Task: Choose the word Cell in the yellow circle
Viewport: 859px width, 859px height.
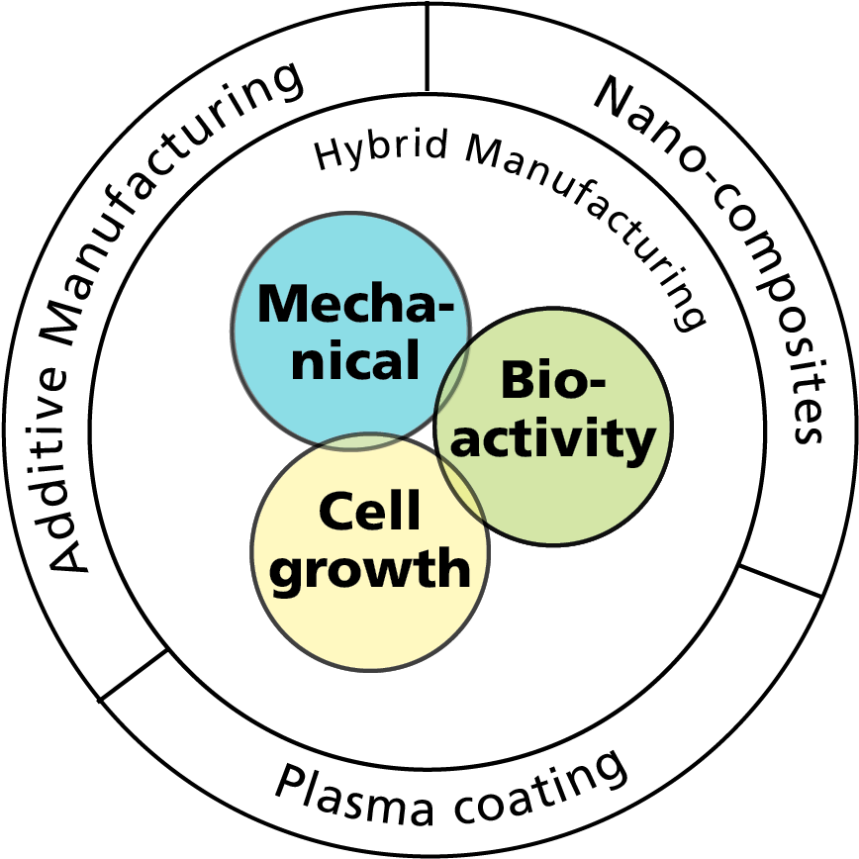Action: (x=369, y=510)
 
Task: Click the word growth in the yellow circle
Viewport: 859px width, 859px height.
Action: (x=371, y=570)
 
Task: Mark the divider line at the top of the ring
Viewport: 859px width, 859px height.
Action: (x=427, y=46)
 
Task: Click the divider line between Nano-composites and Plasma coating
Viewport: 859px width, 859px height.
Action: (x=781, y=582)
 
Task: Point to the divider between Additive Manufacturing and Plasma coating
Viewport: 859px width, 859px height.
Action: (x=134, y=675)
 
